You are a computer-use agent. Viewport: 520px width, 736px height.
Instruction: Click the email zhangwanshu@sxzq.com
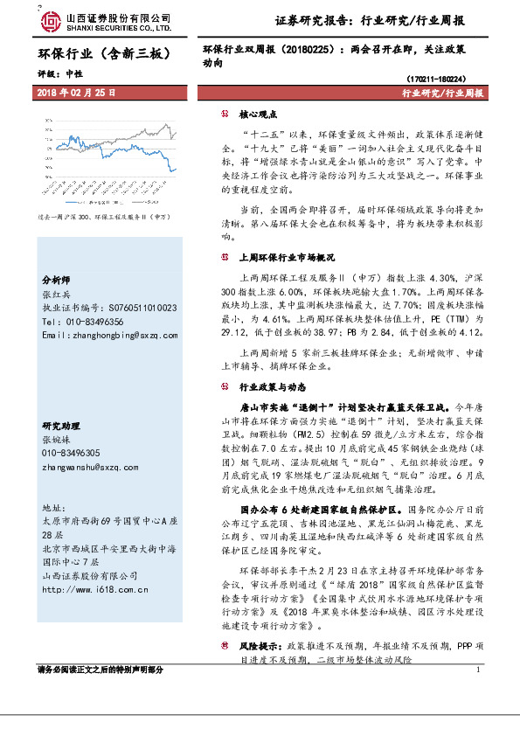coord(91,467)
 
